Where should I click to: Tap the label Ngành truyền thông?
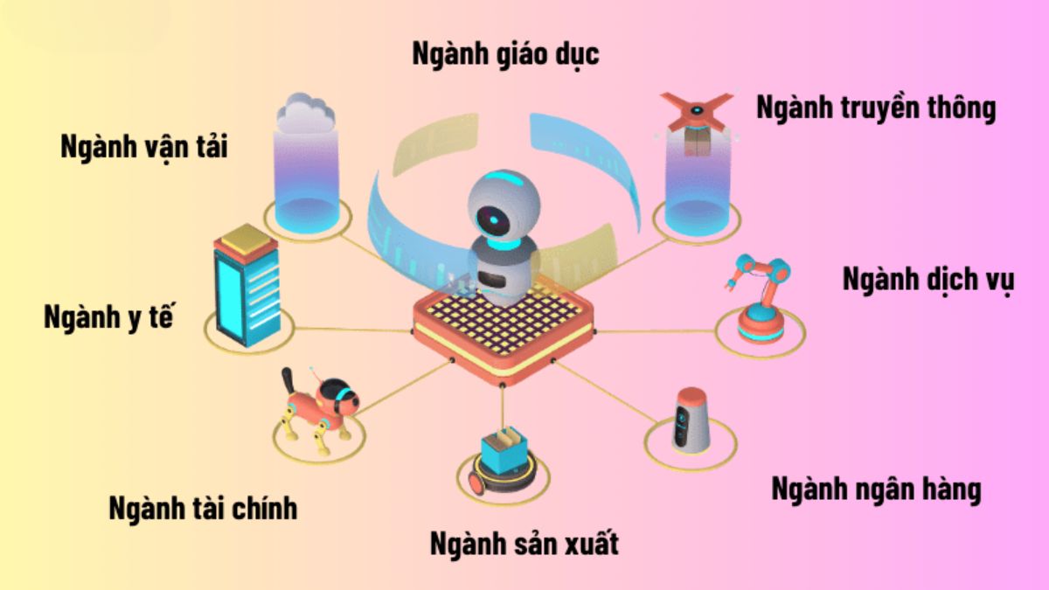(x=876, y=108)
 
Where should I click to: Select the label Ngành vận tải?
(x=144, y=147)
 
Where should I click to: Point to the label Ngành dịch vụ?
(x=928, y=280)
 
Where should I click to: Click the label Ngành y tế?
(x=108, y=318)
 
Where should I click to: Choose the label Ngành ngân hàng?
(x=876, y=489)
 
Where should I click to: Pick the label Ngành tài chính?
(x=203, y=509)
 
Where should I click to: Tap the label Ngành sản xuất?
(x=524, y=545)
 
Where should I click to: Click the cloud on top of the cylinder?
(x=305, y=112)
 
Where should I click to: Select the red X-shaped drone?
(x=697, y=110)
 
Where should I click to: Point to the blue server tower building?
(x=247, y=286)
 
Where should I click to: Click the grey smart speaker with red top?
(x=691, y=420)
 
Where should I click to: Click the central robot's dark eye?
(x=491, y=219)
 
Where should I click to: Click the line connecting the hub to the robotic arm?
(x=656, y=331)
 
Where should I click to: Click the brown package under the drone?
(x=698, y=142)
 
